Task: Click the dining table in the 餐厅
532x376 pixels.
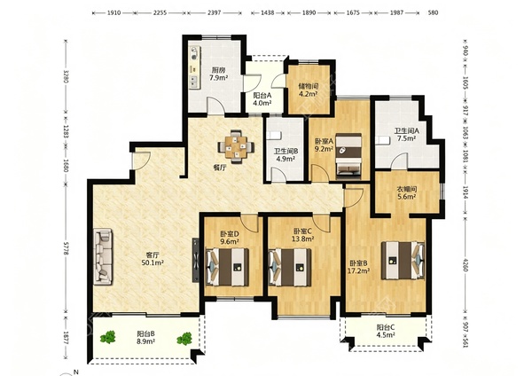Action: (x=236, y=147)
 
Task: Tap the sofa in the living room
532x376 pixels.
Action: (x=103, y=255)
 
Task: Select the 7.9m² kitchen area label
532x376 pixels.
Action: (x=218, y=74)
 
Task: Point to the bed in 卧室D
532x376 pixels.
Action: (x=227, y=267)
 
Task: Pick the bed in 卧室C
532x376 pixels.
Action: (x=290, y=267)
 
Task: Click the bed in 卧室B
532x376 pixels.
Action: (x=403, y=261)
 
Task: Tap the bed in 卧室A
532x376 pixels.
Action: (x=348, y=156)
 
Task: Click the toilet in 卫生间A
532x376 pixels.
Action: (x=382, y=140)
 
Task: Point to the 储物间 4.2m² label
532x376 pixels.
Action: (x=308, y=90)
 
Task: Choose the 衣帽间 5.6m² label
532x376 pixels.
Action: (x=407, y=192)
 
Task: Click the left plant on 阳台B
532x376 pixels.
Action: (x=108, y=337)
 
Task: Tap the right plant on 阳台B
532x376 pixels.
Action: (x=184, y=339)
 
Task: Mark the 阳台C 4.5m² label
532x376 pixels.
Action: (x=386, y=331)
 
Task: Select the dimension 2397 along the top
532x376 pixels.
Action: (x=214, y=13)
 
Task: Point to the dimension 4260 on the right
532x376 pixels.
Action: (x=465, y=264)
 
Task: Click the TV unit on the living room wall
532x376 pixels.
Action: (x=196, y=260)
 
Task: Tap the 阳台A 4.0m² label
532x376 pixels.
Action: (x=262, y=99)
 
